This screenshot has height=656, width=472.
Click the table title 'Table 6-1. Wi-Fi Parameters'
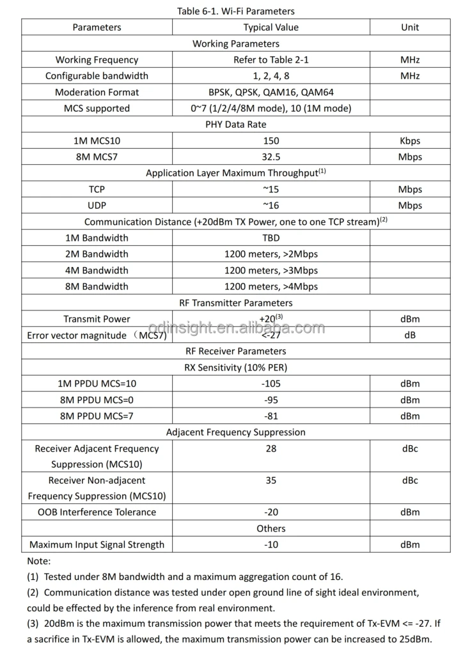click(x=236, y=11)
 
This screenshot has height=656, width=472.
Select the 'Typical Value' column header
click(x=271, y=27)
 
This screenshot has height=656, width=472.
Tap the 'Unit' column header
click(x=410, y=27)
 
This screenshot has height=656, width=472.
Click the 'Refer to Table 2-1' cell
click(x=271, y=60)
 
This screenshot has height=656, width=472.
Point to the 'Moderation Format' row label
click(x=97, y=92)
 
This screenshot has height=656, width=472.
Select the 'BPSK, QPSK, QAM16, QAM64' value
click(x=271, y=92)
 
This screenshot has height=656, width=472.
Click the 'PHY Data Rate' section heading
click(x=236, y=125)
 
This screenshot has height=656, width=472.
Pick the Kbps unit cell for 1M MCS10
click(x=410, y=141)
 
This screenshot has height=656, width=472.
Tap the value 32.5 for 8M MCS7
click(x=271, y=157)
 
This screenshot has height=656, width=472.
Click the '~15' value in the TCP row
click(x=271, y=190)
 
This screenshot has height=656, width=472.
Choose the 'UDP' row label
click(x=97, y=206)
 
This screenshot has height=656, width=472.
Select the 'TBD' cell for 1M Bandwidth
click(x=271, y=238)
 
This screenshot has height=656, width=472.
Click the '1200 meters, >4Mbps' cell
click(x=271, y=287)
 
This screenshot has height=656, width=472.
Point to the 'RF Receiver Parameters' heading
click(x=236, y=351)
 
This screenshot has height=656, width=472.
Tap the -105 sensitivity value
click(x=271, y=384)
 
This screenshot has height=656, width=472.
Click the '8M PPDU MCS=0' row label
click(x=97, y=400)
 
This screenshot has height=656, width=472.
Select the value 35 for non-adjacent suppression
click(x=271, y=480)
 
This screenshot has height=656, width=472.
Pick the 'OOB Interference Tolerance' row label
click(x=97, y=512)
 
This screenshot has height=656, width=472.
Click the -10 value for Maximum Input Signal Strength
click(x=271, y=545)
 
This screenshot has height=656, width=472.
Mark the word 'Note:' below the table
click(x=39, y=561)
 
